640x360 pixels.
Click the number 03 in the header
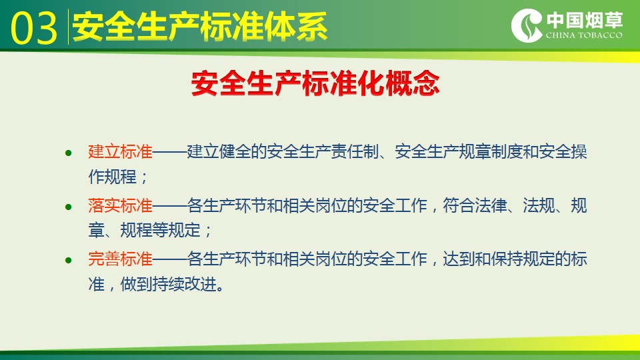(x=34, y=28)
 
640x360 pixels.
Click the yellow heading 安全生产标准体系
(x=199, y=27)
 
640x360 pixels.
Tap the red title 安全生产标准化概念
(x=315, y=83)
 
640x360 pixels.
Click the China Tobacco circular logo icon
(x=527, y=26)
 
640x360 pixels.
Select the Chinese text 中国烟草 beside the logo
(x=585, y=20)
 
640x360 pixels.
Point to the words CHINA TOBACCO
(x=584, y=35)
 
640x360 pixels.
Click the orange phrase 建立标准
(x=121, y=151)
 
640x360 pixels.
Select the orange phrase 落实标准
(x=121, y=205)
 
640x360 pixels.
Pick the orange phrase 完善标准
(x=121, y=259)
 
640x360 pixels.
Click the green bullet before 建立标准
(x=69, y=153)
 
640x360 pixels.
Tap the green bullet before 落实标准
(x=69, y=207)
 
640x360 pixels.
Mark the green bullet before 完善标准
(x=69, y=261)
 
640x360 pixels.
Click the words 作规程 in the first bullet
(x=112, y=177)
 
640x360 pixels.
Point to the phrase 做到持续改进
(x=168, y=284)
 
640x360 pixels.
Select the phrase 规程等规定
(x=161, y=230)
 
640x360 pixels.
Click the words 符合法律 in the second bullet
(x=475, y=205)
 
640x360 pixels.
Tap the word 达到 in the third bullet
(x=459, y=259)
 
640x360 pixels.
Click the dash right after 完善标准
(x=170, y=259)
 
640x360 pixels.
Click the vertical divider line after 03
(x=68, y=27)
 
